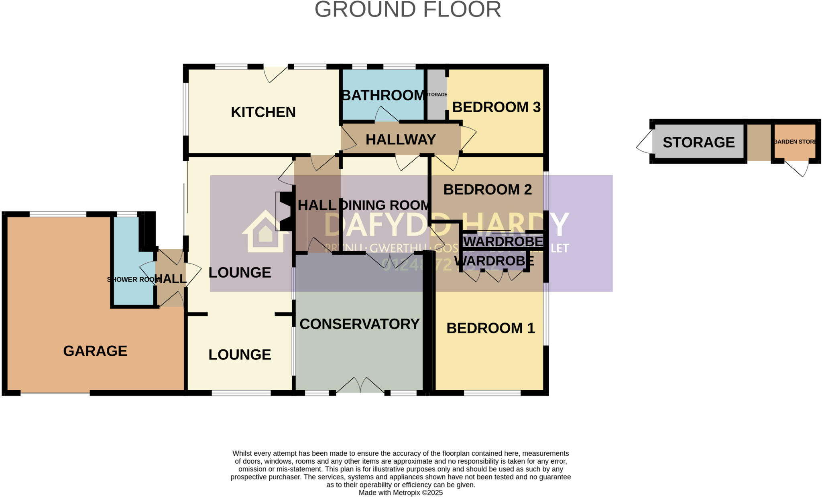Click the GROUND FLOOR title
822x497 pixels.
407,10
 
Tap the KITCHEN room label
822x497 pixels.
263,112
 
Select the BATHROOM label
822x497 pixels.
383,95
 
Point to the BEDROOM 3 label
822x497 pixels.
496,107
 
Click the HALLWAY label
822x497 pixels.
401,140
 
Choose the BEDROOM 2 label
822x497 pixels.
487,189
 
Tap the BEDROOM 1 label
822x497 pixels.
490,328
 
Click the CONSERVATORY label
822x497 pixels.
359,324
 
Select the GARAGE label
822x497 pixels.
95,351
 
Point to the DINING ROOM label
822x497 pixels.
385,205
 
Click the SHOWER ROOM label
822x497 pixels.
132,280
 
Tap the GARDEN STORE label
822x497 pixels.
795,142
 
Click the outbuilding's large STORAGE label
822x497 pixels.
698,142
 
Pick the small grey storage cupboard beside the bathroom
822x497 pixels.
436,95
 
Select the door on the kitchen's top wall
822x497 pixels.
275,74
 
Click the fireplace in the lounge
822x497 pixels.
284,211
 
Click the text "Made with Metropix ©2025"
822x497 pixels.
401,493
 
